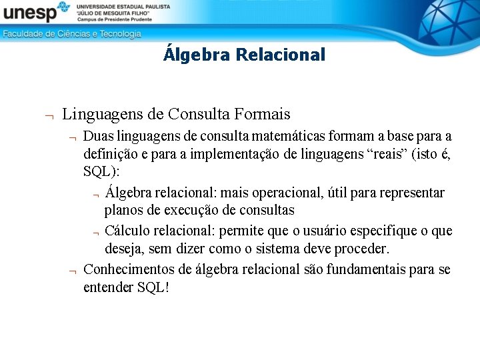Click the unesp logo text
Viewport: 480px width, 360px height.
click(x=30, y=13)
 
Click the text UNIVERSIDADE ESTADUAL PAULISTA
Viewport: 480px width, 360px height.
click(x=123, y=6)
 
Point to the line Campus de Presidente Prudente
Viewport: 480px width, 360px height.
click(x=114, y=19)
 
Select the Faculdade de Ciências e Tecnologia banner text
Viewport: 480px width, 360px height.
click(x=72, y=34)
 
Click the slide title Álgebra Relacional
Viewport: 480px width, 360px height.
click(x=244, y=55)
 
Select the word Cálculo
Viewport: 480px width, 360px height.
click(x=127, y=231)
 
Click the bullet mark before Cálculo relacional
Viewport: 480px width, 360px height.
click(x=96, y=232)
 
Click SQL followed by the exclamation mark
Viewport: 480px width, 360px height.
click(x=154, y=287)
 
